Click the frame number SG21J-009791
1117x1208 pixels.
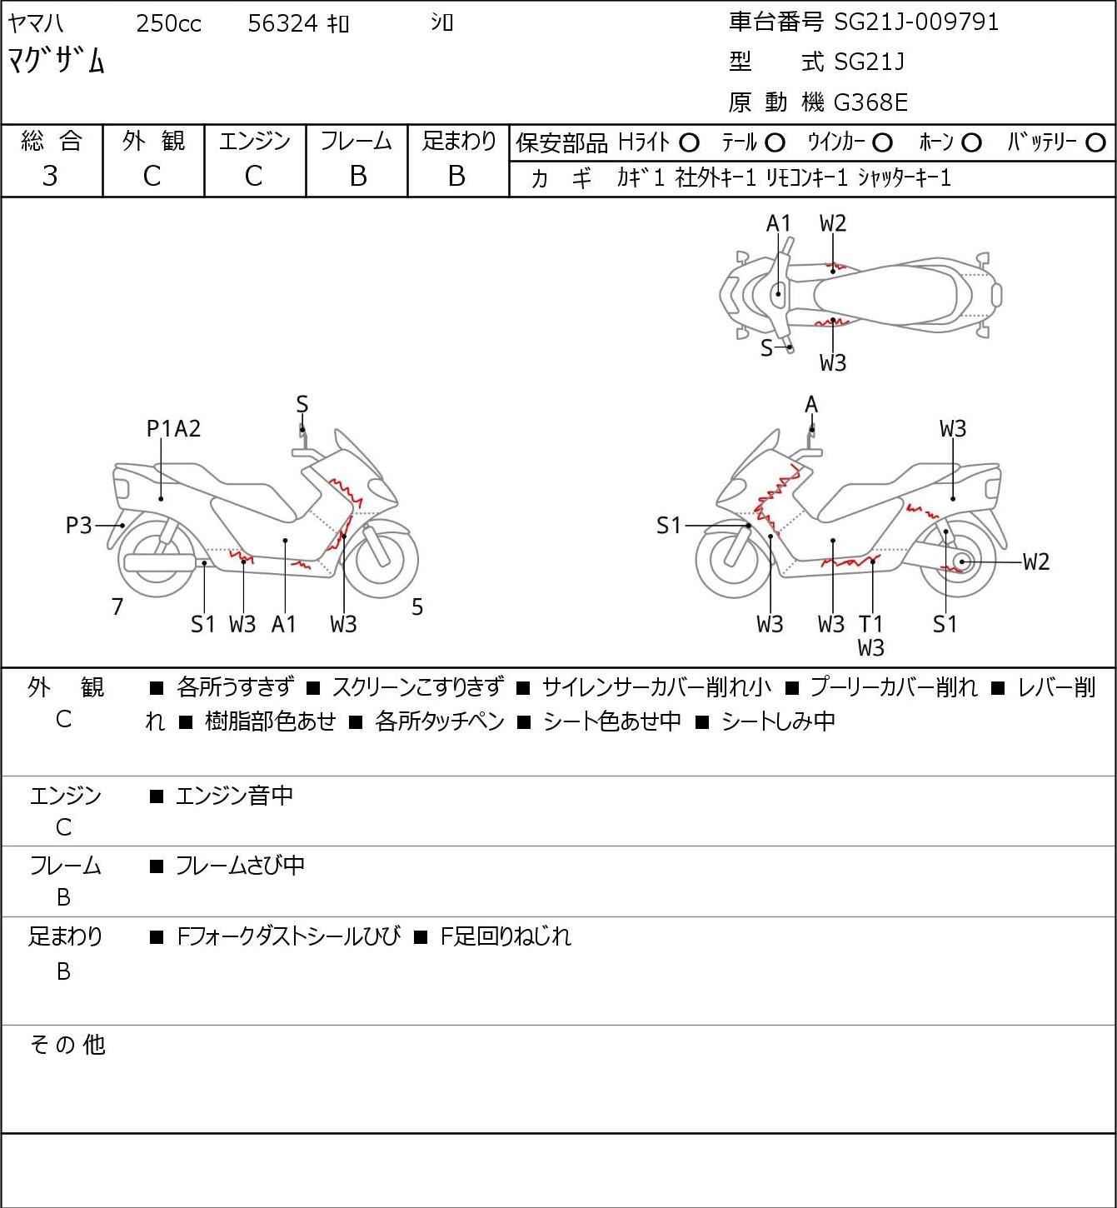[916, 22]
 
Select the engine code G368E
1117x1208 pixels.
[870, 102]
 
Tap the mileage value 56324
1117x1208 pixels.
[282, 23]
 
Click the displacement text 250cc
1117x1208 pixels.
[168, 23]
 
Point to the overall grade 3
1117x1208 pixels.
[50, 177]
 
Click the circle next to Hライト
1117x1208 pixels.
[689, 143]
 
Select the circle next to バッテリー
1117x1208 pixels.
[1095, 143]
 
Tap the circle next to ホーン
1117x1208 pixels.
[971, 143]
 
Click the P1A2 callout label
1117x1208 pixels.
[173, 429]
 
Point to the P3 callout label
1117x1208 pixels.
[78, 525]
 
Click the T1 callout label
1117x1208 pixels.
[870, 624]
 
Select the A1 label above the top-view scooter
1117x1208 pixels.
[778, 224]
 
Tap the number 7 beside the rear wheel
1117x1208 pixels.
[117, 607]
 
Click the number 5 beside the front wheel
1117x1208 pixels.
[416, 607]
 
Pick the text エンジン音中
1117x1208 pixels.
[234, 796]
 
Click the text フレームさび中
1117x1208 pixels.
[240, 866]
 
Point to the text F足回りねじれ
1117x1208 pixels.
[506, 936]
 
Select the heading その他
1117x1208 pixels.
[67, 1045]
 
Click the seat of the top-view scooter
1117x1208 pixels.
[885, 296]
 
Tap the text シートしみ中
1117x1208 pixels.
[778, 721]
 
